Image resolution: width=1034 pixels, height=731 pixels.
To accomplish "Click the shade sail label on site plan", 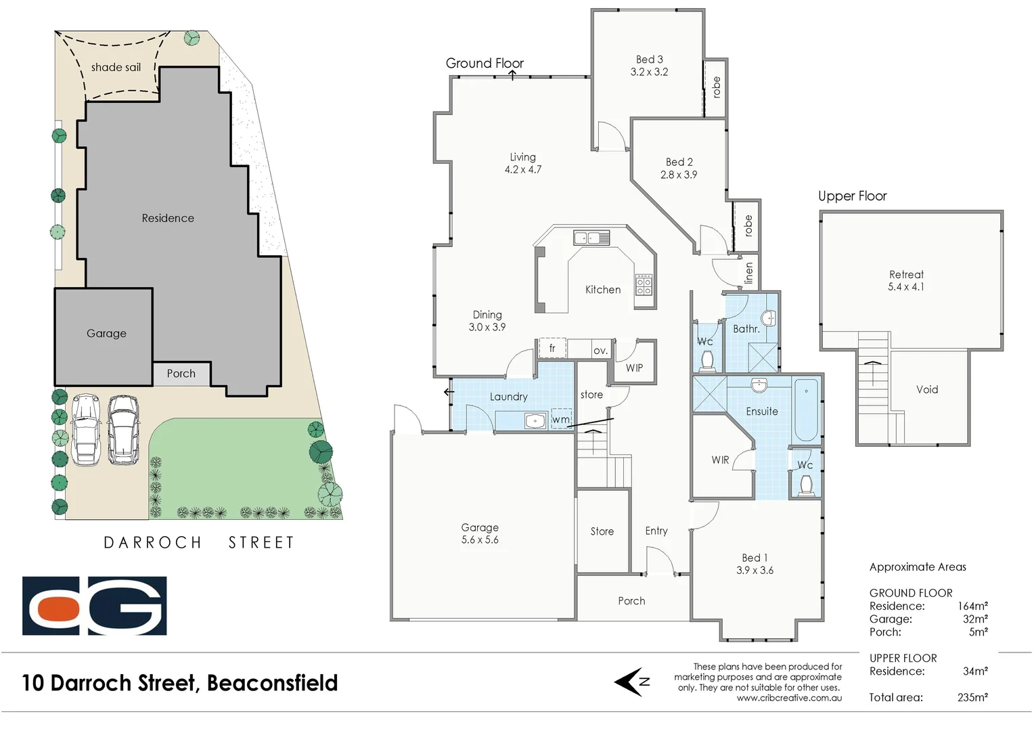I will [116, 67].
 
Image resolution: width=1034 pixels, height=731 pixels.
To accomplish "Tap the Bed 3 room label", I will [649, 66].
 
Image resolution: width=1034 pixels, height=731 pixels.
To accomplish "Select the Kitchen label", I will [602, 290].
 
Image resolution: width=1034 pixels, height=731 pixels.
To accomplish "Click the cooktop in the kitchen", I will [644, 284].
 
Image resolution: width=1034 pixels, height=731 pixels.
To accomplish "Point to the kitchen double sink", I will [591, 238].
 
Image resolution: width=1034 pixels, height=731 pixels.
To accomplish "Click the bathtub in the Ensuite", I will [806, 410].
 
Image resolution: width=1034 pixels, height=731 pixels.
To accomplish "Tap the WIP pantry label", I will [634, 368].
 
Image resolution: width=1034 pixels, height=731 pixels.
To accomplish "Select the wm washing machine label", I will [561, 420].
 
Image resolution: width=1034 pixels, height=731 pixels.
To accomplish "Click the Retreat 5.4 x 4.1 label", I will [906, 280].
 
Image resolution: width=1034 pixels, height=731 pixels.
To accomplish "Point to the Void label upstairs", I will [926, 389].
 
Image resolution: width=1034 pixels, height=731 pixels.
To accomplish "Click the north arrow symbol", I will [633, 682].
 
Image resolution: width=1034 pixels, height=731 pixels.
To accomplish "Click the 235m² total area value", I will [972, 697].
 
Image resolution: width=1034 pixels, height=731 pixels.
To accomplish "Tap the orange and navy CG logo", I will [94, 606].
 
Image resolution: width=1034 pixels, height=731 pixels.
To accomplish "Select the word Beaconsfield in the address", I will [272, 683].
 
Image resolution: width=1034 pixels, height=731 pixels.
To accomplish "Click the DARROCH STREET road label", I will [199, 543].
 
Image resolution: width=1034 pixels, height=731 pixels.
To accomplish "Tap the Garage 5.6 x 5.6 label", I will [480, 533].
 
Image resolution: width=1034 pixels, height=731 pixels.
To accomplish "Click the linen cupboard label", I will [748, 273].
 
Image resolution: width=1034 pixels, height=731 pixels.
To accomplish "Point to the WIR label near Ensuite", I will [720, 460].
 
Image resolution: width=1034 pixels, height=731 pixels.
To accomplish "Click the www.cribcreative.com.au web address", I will [789, 698].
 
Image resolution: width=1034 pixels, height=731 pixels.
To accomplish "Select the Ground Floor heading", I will [485, 63].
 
